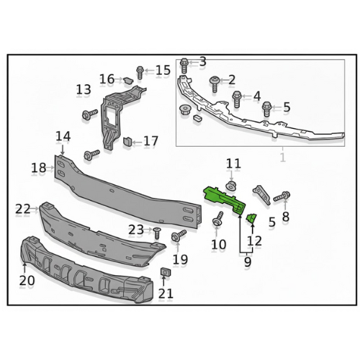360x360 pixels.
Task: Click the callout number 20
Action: (27, 280)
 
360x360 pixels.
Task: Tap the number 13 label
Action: (84, 89)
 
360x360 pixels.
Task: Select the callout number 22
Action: (23, 209)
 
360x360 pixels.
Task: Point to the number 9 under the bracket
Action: (248, 261)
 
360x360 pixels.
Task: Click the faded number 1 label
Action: (283, 157)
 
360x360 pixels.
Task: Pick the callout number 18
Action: (39, 168)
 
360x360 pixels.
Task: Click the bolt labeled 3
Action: (184, 66)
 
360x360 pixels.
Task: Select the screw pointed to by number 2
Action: (215, 84)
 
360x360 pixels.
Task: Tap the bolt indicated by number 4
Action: (237, 99)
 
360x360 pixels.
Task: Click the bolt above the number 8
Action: (282, 196)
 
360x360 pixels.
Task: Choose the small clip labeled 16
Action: (128, 81)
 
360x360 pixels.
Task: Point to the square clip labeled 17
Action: (127, 141)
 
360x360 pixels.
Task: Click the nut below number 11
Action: (231, 186)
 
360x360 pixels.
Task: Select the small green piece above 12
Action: (251, 219)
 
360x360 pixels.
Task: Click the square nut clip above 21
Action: (164, 272)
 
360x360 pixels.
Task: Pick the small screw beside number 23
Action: (157, 233)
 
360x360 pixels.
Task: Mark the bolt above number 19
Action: (179, 235)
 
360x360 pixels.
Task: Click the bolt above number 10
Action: (218, 218)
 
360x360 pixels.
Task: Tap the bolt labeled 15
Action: (140, 73)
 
